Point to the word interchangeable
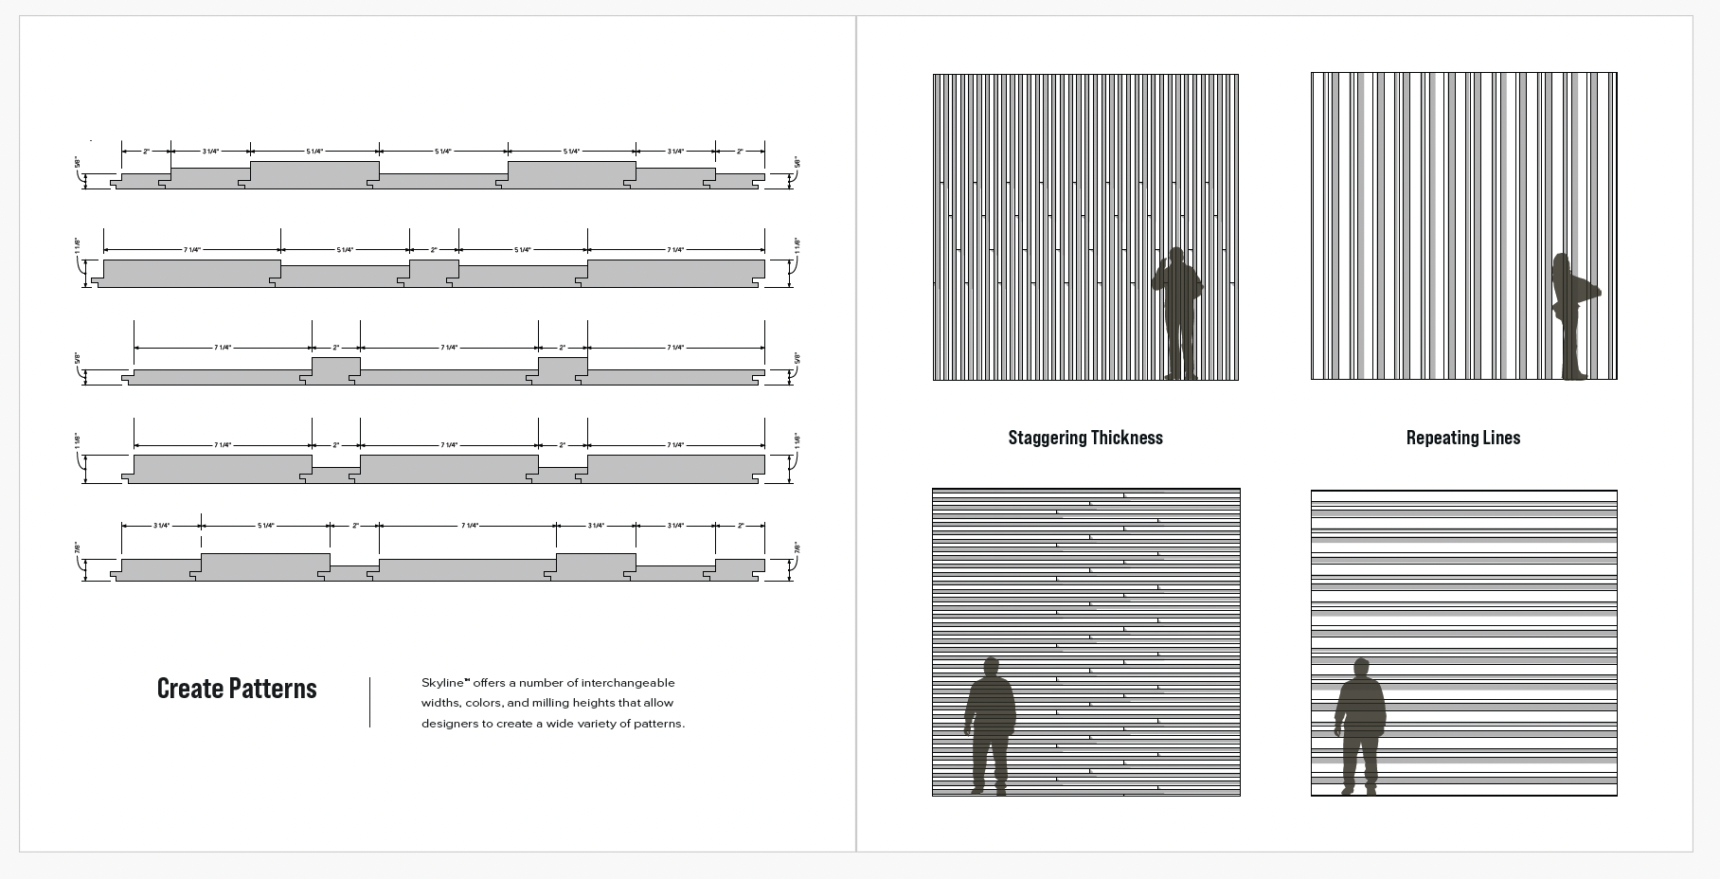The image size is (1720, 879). (x=628, y=683)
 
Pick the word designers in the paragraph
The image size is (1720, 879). (x=450, y=724)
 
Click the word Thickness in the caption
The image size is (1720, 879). (x=1130, y=438)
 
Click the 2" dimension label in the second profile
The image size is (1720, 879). (x=434, y=250)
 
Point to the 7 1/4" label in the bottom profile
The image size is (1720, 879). (x=469, y=526)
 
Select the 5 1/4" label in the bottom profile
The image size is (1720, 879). (x=265, y=526)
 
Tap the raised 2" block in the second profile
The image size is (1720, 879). (x=434, y=272)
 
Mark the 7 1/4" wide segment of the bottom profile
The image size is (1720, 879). (x=467, y=569)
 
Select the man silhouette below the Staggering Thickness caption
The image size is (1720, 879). (x=990, y=725)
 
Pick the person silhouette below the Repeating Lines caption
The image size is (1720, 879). (x=1360, y=725)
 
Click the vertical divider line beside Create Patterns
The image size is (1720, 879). (x=369, y=702)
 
